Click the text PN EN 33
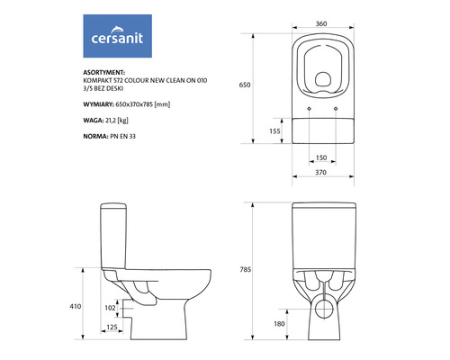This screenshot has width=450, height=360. point(135,137)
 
